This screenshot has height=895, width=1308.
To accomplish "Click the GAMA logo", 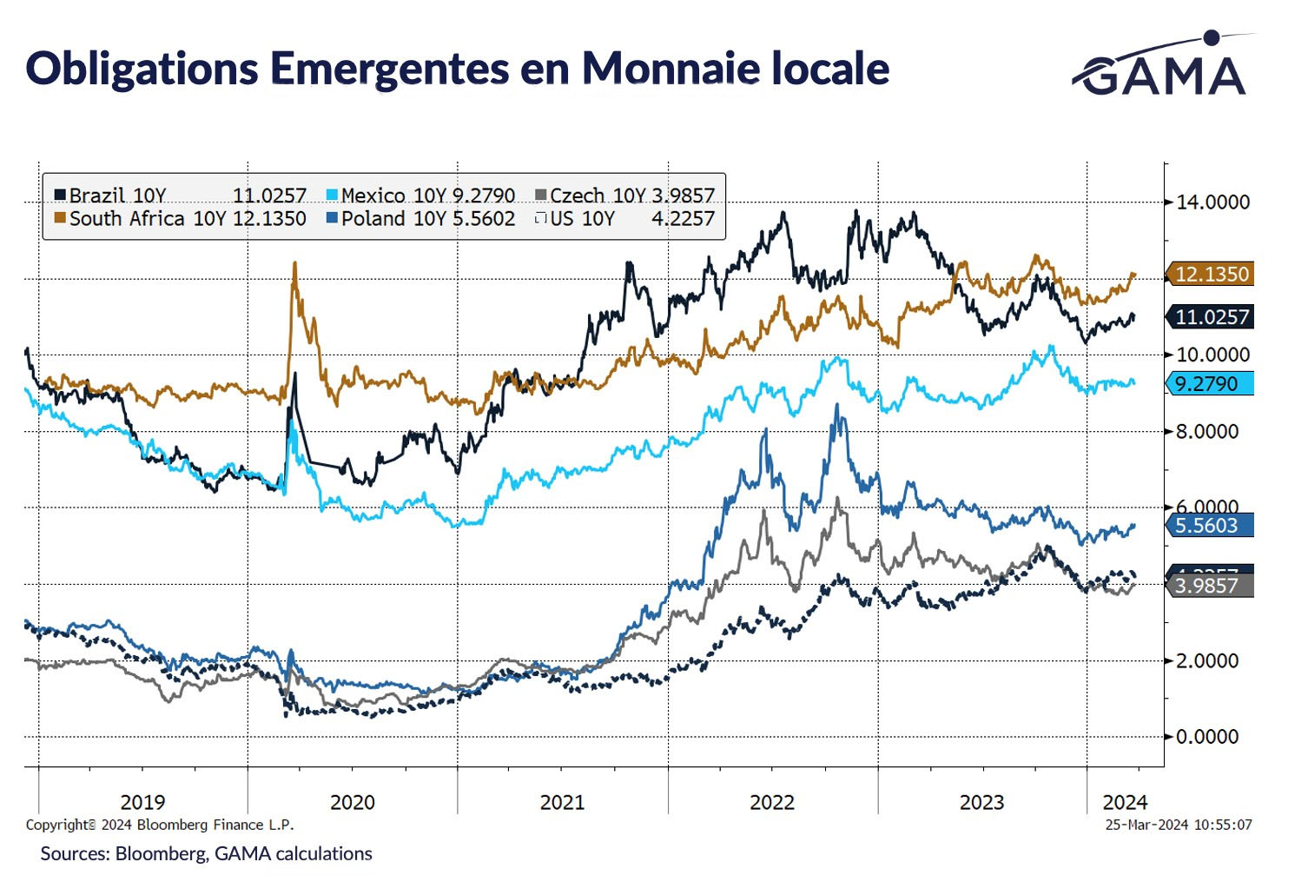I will click(x=1163, y=67).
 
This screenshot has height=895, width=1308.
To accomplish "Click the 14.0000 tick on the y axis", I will click(x=1212, y=202).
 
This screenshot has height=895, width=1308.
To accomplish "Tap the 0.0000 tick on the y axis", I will click(x=1207, y=737).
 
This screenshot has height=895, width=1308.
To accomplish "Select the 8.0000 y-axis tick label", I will click(x=1207, y=432).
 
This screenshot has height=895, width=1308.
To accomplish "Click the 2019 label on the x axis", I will click(x=142, y=802).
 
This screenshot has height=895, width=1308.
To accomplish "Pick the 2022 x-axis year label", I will click(x=772, y=802).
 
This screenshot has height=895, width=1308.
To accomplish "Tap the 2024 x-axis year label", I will click(x=1125, y=802).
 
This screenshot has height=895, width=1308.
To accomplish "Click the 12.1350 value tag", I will click(x=1211, y=275).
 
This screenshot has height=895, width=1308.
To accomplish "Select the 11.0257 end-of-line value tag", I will click(x=1211, y=317).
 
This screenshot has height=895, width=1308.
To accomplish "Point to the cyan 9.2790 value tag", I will click(x=1207, y=383).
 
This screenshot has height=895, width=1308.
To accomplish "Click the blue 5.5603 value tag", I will click(x=1207, y=525).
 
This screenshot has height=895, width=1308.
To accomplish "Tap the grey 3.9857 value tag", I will click(x=1207, y=586).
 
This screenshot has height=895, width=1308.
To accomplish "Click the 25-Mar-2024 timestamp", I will click(x=1178, y=825).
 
